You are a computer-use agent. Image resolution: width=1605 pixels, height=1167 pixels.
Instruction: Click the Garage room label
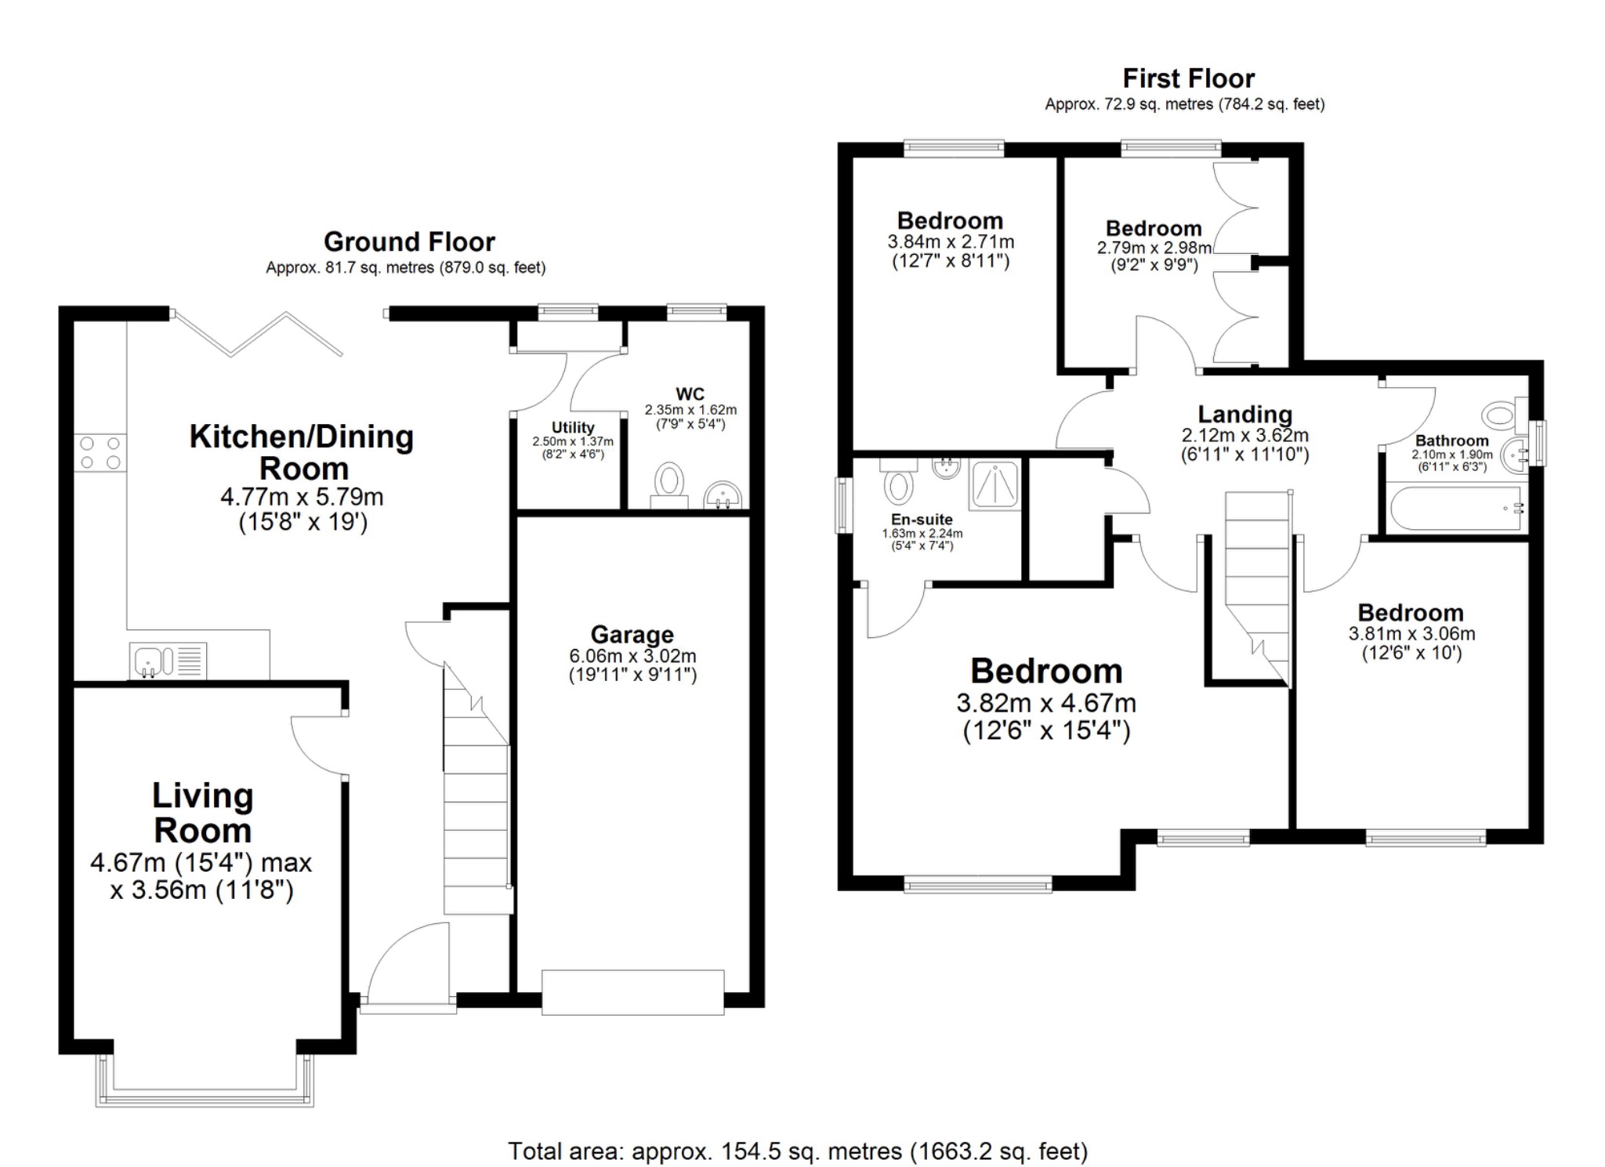(x=632, y=634)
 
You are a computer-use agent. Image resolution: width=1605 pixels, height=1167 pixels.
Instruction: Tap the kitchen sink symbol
(x=168, y=660)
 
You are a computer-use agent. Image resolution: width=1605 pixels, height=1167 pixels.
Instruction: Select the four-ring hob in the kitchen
(x=100, y=453)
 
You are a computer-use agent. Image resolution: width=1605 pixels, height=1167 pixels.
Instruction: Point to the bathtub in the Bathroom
(x=1456, y=509)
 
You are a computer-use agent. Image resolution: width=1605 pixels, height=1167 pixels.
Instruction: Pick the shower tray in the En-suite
(x=995, y=484)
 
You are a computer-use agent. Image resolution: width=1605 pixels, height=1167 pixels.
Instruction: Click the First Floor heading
(x=1188, y=78)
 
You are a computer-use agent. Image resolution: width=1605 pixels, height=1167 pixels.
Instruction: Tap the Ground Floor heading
(x=409, y=241)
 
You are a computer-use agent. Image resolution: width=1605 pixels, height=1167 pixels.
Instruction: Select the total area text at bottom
(x=798, y=1151)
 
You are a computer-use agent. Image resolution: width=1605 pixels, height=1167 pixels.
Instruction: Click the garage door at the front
(x=632, y=992)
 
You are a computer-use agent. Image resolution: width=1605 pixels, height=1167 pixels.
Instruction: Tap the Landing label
(x=1245, y=414)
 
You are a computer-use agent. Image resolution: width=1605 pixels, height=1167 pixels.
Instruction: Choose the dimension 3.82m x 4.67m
(x=1046, y=703)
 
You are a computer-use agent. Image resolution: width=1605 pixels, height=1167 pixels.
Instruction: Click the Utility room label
(x=572, y=427)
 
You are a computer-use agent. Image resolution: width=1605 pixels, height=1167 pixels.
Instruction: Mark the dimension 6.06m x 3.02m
(x=632, y=656)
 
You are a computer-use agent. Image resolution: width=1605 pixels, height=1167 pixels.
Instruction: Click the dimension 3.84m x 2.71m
(x=950, y=242)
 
